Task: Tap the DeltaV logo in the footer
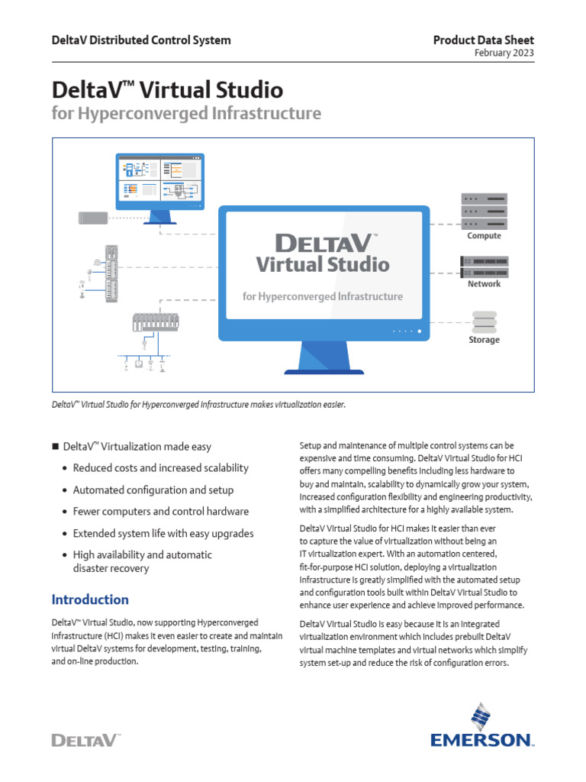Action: click(x=86, y=739)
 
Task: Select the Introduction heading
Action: click(x=90, y=599)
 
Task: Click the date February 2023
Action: click(x=504, y=53)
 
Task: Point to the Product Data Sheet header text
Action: click(x=484, y=40)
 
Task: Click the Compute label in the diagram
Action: click(x=485, y=236)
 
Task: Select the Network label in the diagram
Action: click(x=485, y=284)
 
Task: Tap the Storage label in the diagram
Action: click(x=485, y=340)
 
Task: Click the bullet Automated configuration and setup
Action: click(x=153, y=490)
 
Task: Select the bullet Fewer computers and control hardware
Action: click(x=160, y=512)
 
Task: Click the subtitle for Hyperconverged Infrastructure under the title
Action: click(x=187, y=115)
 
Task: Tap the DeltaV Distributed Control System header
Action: click(x=141, y=40)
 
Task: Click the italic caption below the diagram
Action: click(x=198, y=404)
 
